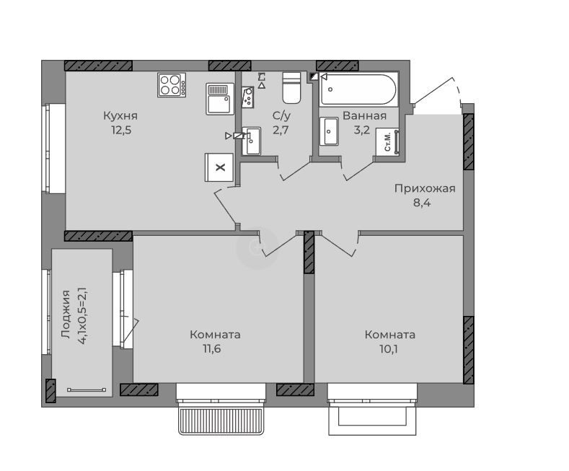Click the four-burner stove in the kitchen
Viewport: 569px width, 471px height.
click(x=172, y=85)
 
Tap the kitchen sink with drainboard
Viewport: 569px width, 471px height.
click(x=220, y=99)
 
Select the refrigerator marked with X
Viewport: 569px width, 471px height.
click(x=219, y=167)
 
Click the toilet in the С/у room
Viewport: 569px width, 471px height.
click(x=291, y=88)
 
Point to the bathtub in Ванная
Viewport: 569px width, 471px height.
click(x=358, y=89)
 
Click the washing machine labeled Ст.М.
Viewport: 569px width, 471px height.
click(x=387, y=142)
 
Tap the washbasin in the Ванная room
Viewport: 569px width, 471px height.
click(x=329, y=131)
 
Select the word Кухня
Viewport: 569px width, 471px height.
click(x=120, y=115)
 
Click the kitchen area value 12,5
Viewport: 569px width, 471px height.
click(x=121, y=130)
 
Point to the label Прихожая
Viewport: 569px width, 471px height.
click(x=425, y=189)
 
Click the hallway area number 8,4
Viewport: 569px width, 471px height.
click(x=422, y=203)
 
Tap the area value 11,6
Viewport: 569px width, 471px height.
click(x=211, y=348)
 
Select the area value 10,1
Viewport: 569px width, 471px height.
click(x=388, y=348)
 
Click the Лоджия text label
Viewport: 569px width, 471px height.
click(x=66, y=314)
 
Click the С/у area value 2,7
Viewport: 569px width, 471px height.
click(x=281, y=130)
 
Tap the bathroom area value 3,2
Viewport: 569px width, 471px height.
click(x=362, y=130)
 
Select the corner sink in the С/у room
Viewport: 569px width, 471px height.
click(x=248, y=97)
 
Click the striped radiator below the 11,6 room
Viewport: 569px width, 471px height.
click(x=221, y=421)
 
